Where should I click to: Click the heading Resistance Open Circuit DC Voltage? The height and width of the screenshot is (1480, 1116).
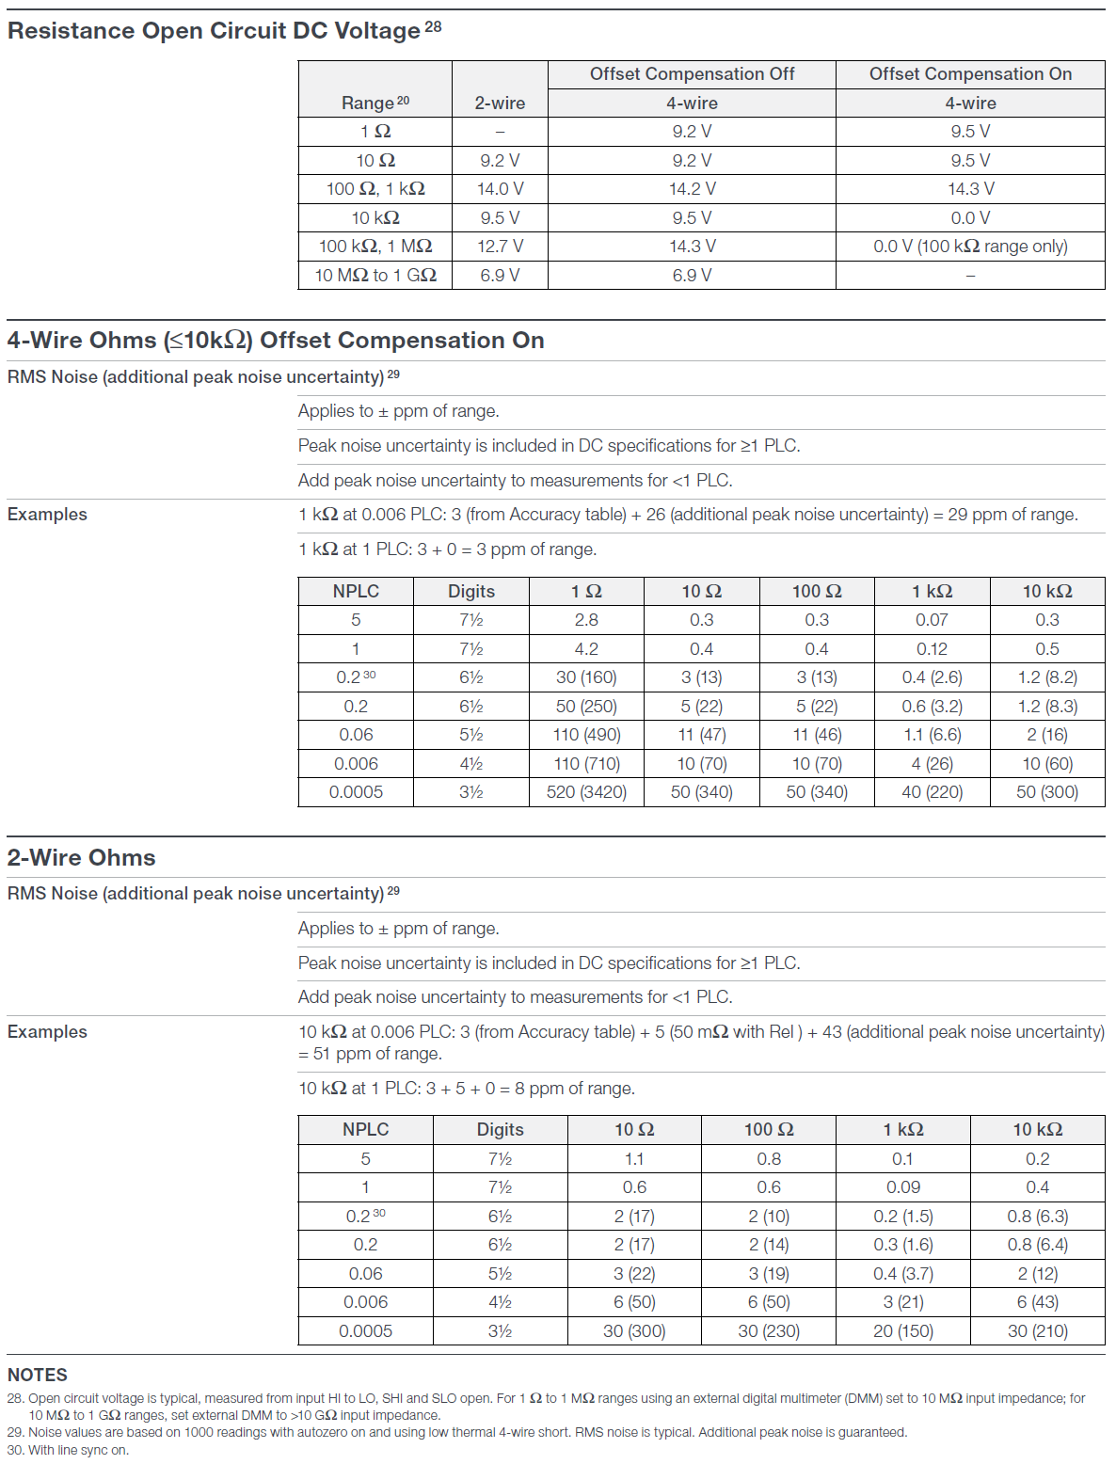click(214, 31)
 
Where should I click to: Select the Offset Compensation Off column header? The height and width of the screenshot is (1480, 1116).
click(692, 74)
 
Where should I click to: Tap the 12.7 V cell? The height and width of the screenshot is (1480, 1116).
click(500, 247)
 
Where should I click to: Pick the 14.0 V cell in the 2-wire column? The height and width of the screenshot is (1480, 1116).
click(500, 189)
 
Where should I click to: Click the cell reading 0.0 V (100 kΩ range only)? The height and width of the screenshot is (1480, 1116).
click(970, 247)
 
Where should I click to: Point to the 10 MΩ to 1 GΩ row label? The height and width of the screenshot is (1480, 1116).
click(375, 276)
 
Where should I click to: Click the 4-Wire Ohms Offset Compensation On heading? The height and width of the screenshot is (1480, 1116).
click(276, 341)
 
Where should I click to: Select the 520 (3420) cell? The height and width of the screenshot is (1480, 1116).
click(586, 792)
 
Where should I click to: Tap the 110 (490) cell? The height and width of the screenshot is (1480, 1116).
click(586, 735)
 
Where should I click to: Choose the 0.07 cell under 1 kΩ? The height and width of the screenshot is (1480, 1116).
click(932, 620)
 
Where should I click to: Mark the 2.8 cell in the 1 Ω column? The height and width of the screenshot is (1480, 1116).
click(586, 620)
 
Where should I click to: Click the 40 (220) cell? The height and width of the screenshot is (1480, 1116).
click(932, 792)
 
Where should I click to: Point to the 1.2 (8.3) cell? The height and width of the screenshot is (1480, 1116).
click(1047, 707)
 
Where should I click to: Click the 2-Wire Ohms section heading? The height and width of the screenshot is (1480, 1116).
click(82, 858)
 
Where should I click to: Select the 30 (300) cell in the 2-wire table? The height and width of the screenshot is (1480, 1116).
click(634, 1331)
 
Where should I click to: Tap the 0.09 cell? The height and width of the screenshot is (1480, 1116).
click(903, 1187)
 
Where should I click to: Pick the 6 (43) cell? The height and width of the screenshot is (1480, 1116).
click(1037, 1302)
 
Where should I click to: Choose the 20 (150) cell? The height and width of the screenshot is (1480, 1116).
click(903, 1331)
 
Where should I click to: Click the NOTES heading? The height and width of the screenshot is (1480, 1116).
click(38, 1375)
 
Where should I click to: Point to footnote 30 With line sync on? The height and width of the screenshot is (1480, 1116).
click(69, 1450)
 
